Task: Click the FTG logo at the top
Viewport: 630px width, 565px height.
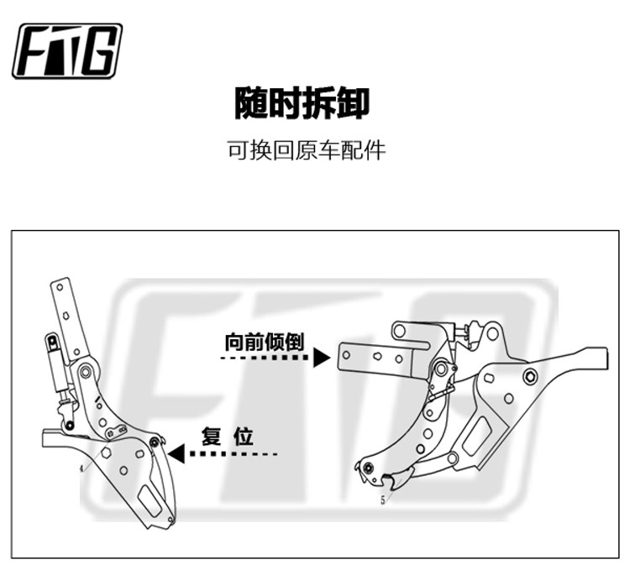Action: (x=67, y=51)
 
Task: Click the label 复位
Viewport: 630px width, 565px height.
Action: (x=228, y=437)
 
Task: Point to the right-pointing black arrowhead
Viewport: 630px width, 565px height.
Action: (x=320, y=358)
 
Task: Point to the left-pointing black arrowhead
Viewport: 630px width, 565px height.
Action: (x=176, y=454)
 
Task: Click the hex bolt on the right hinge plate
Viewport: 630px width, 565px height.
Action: (x=530, y=373)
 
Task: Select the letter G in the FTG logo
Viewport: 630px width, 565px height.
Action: (x=100, y=51)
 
